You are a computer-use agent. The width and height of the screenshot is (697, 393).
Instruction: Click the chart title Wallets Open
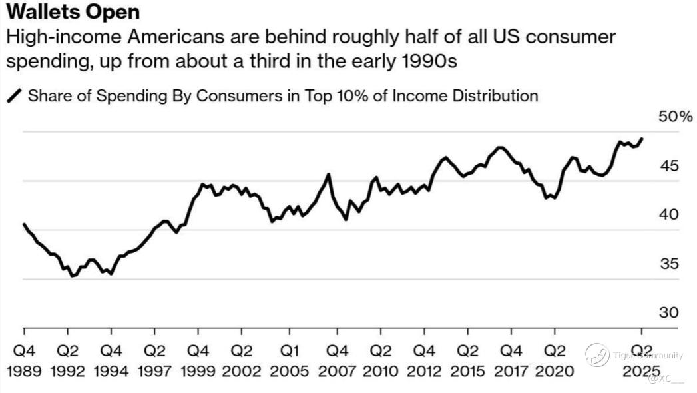pos(73,13)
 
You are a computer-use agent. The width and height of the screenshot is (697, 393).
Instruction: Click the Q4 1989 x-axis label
pos(24,360)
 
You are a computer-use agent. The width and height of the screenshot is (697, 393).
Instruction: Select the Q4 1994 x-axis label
pos(111,360)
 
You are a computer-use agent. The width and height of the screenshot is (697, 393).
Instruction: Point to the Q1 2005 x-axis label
pos(290,360)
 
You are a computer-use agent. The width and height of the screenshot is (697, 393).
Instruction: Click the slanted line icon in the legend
pos(14,97)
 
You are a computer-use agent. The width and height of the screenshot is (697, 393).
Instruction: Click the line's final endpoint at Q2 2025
pos(642,139)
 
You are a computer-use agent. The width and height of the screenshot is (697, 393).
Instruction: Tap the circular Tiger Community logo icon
pos(597,354)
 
